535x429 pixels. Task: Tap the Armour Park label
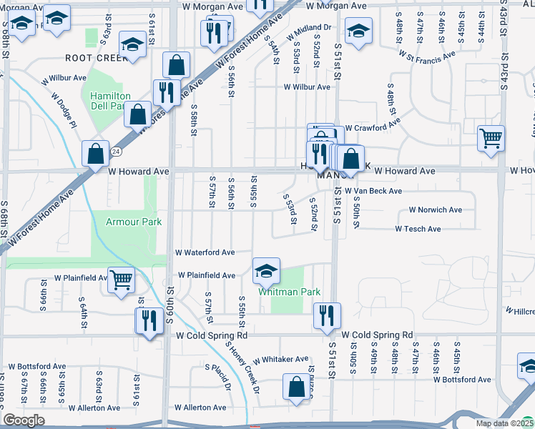(x=134, y=222)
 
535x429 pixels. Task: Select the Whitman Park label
(x=289, y=292)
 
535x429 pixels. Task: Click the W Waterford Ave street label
(x=205, y=252)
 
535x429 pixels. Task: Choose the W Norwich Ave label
(x=435, y=210)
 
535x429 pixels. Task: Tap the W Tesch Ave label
(x=418, y=229)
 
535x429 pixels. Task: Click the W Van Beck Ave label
(x=373, y=192)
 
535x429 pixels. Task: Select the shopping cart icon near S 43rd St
(x=491, y=137)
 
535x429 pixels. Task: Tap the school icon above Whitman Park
(x=266, y=270)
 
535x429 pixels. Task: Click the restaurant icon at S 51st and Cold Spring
(x=327, y=315)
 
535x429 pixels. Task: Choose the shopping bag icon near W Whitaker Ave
(x=296, y=387)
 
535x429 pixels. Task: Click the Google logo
(x=24, y=420)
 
